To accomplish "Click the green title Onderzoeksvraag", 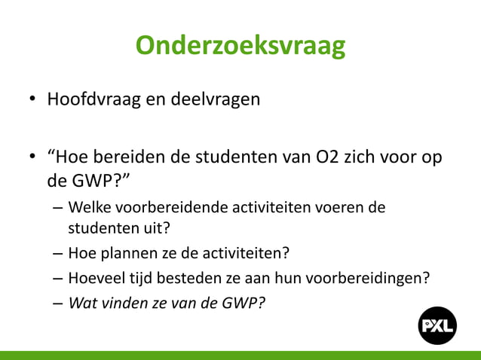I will coord(240,46).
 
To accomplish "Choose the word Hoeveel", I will coord(95,277).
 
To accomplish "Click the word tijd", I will coord(141,277).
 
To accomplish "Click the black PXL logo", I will coord(438,325).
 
